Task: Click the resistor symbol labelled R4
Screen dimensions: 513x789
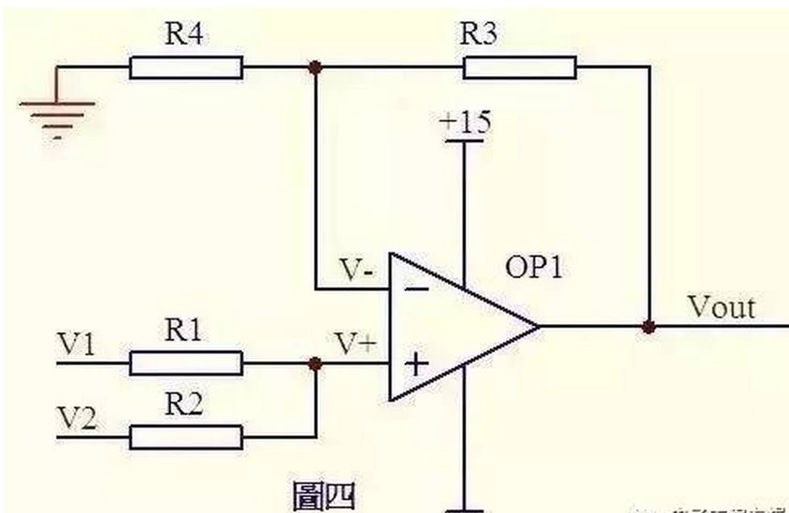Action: click(185, 68)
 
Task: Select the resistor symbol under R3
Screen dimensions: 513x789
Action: click(519, 68)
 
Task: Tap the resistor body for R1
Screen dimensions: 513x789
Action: click(185, 364)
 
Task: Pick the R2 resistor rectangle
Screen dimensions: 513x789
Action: click(185, 437)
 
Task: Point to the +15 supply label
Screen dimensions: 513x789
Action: click(464, 123)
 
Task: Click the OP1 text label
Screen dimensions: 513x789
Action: click(533, 267)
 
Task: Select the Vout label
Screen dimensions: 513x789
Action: click(720, 307)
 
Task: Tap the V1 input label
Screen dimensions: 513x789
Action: click(77, 346)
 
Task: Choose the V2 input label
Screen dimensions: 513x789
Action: click(77, 420)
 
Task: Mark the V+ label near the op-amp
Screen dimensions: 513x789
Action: click(355, 345)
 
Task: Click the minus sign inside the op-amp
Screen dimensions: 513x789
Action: click(415, 288)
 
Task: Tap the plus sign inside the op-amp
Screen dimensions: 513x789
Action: click(416, 365)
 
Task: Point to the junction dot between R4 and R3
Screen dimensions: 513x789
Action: click(315, 68)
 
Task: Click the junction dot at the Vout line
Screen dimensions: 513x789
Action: click(649, 327)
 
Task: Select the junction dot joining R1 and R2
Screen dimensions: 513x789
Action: click(315, 364)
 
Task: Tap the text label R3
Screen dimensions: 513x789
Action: click(480, 35)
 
